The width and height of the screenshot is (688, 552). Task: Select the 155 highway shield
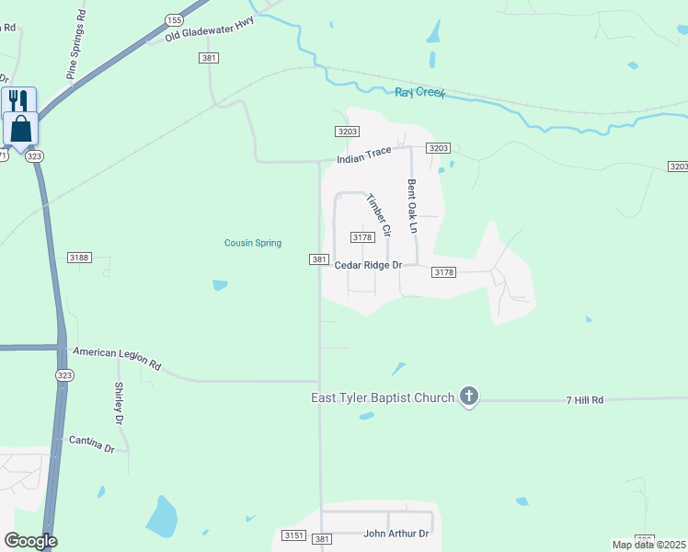pyautogui.click(x=174, y=19)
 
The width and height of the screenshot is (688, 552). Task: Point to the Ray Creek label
pyautogui.click(x=419, y=93)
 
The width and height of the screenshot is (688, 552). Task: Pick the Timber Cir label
pyautogui.click(x=379, y=214)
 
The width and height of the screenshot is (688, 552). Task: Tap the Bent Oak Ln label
pyautogui.click(x=413, y=205)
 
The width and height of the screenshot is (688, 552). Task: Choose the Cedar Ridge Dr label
pyautogui.click(x=368, y=265)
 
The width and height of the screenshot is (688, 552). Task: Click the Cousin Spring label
pyautogui.click(x=253, y=243)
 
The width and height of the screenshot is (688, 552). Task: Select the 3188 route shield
pyautogui.click(x=80, y=258)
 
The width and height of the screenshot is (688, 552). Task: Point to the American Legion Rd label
pyautogui.click(x=117, y=358)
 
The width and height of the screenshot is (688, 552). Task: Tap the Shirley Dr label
pyautogui.click(x=120, y=402)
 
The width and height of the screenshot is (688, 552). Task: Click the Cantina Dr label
pyautogui.click(x=91, y=444)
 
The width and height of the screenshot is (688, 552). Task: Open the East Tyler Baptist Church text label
pyautogui.click(x=382, y=397)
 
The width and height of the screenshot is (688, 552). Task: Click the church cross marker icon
pyautogui.click(x=469, y=397)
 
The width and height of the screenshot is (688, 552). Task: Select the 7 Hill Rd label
pyautogui.click(x=584, y=400)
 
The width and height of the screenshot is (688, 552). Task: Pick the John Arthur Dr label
pyautogui.click(x=396, y=534)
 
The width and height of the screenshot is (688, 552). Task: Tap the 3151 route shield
pyautogui.click(x=293, y=535)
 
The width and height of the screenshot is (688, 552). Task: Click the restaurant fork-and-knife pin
pyautogui.click(x=19, y=99)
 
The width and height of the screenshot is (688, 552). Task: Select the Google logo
pyautogui.click(x=30, y=542)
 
